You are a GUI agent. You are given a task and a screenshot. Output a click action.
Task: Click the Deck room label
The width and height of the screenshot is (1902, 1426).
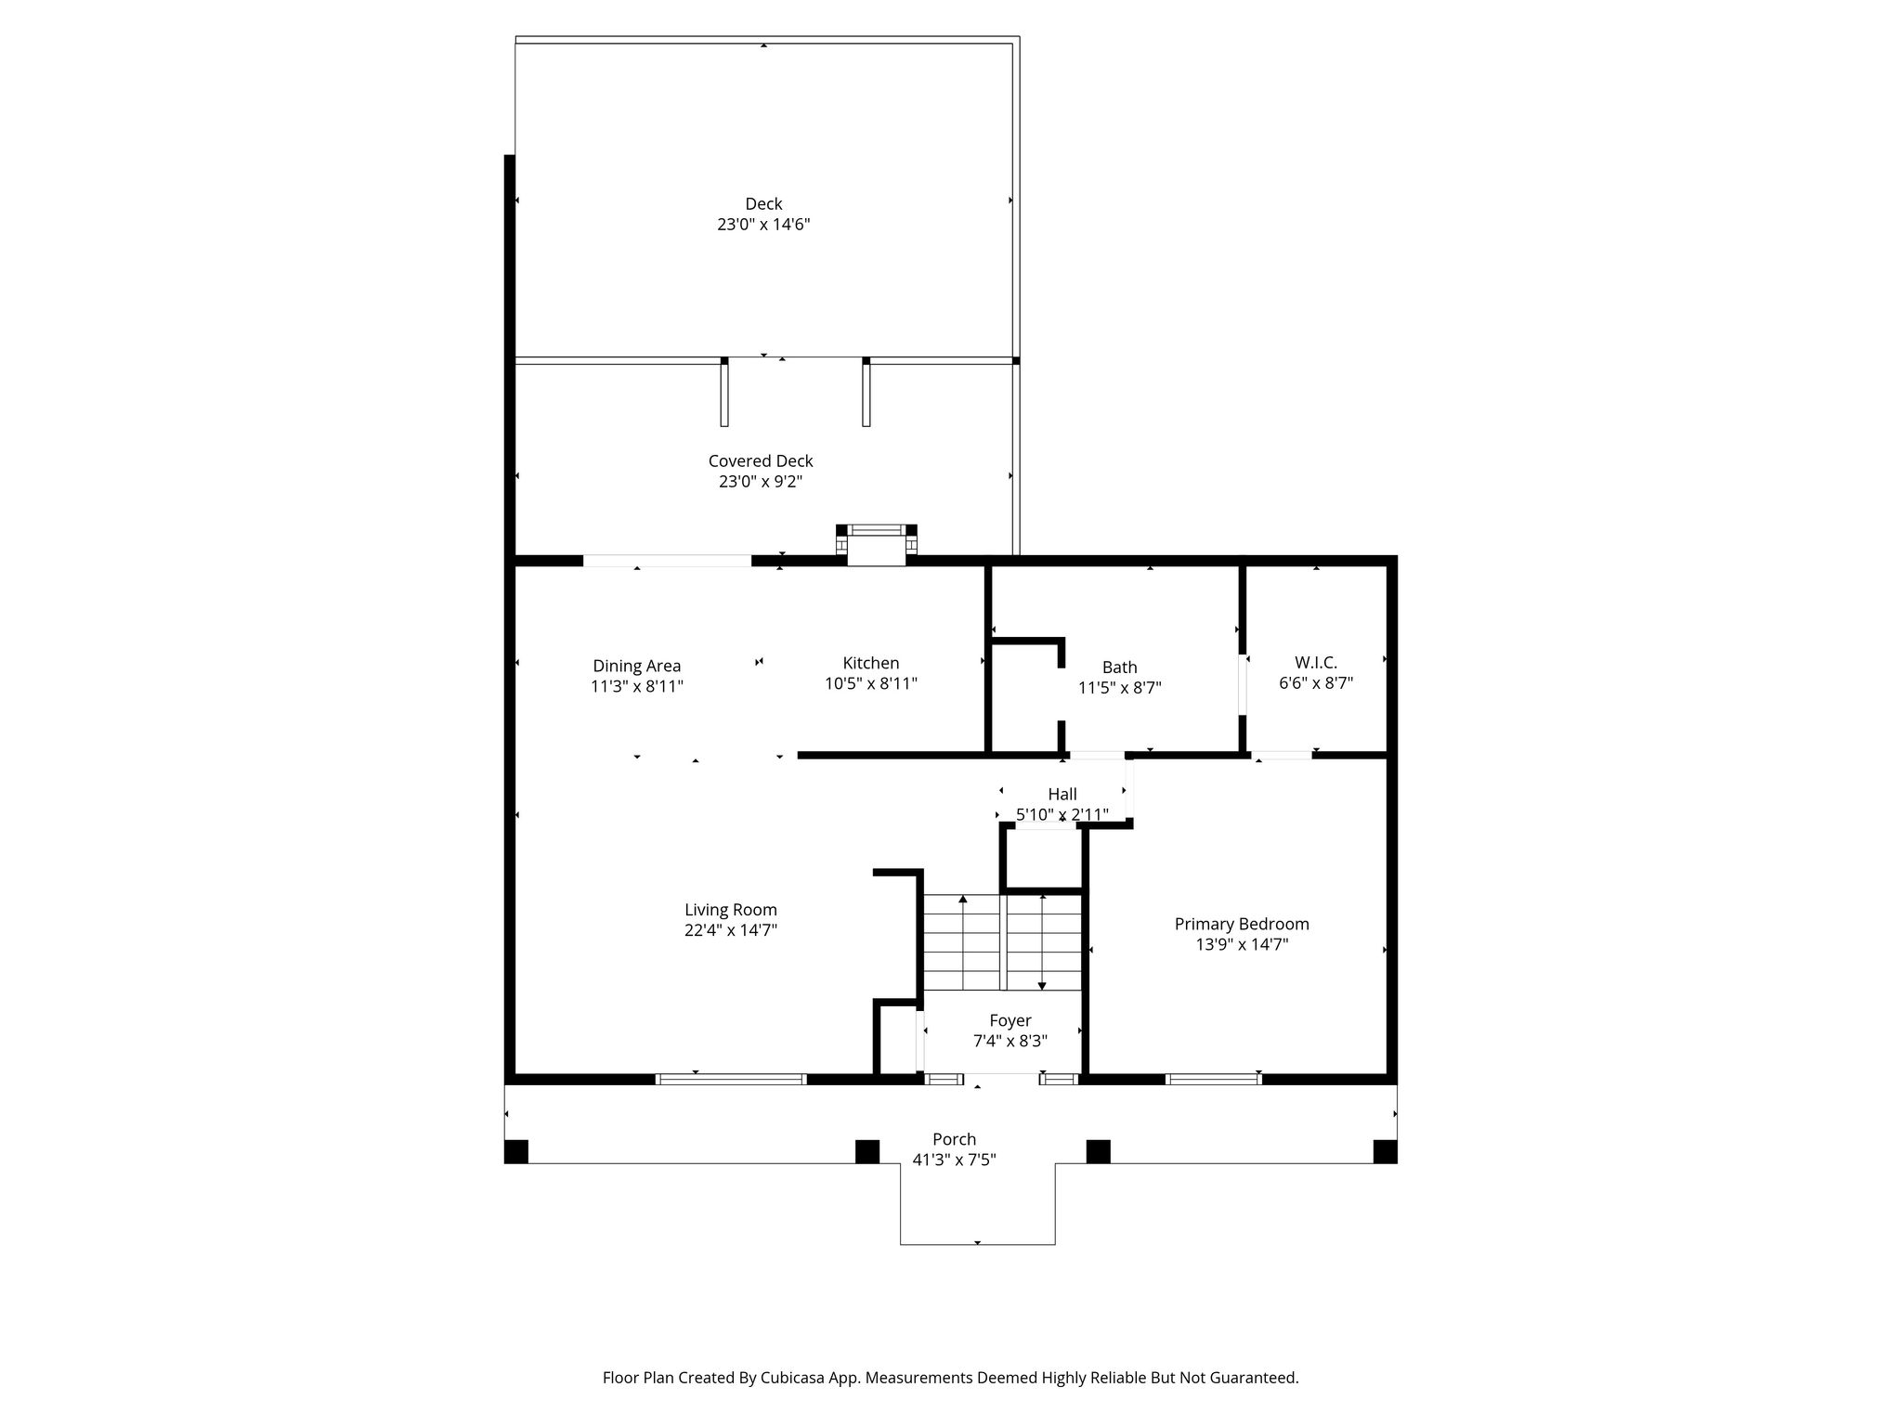tap(763, 204)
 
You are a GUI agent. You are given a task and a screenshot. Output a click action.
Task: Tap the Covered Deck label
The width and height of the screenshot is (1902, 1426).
tap(761, 461)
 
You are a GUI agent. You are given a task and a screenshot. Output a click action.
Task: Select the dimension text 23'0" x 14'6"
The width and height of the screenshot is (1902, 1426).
tap(763, 225)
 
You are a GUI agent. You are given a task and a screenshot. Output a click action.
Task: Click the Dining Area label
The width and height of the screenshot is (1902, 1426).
tap(637, 667)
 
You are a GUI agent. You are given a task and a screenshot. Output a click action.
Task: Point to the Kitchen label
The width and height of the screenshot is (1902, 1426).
tap(871, 663)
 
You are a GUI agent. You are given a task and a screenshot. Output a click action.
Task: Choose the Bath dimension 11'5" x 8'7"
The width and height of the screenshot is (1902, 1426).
tap(1120, 688)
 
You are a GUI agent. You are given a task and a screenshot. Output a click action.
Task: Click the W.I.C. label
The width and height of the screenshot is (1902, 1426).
tap(1316, 663)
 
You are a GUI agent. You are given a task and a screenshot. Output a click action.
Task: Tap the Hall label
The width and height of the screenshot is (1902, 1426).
tap(1062, 795)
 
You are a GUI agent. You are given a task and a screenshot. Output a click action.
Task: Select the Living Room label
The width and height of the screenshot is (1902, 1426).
tap(731, 911)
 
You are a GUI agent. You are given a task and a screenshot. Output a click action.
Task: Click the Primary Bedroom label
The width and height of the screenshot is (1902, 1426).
tap(1242, 925)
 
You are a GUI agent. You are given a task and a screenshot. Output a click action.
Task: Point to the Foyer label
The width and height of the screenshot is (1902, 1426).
tap(1010, 1021)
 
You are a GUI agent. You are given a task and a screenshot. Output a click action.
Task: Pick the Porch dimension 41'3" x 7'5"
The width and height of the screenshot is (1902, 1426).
tap(954, 1160)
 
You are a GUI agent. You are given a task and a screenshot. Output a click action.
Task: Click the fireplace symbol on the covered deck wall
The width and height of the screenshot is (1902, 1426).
tap(876, 544)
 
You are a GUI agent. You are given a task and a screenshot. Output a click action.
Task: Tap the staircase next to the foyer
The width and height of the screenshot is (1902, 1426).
tap(1003, 942)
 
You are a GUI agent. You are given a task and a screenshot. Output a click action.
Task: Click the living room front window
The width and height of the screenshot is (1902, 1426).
tap(731, 1079)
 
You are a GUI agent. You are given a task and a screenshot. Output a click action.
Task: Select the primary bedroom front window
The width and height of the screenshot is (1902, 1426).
tap(1214, 1079)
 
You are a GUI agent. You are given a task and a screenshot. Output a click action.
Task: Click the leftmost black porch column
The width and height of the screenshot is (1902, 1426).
tap(516, 1151)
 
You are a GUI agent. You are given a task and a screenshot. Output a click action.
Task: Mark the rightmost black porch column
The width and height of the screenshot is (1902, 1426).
tap(1385, 1151)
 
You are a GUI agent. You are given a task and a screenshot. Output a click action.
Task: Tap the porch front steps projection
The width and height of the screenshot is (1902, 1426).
tap(977, 1204)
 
